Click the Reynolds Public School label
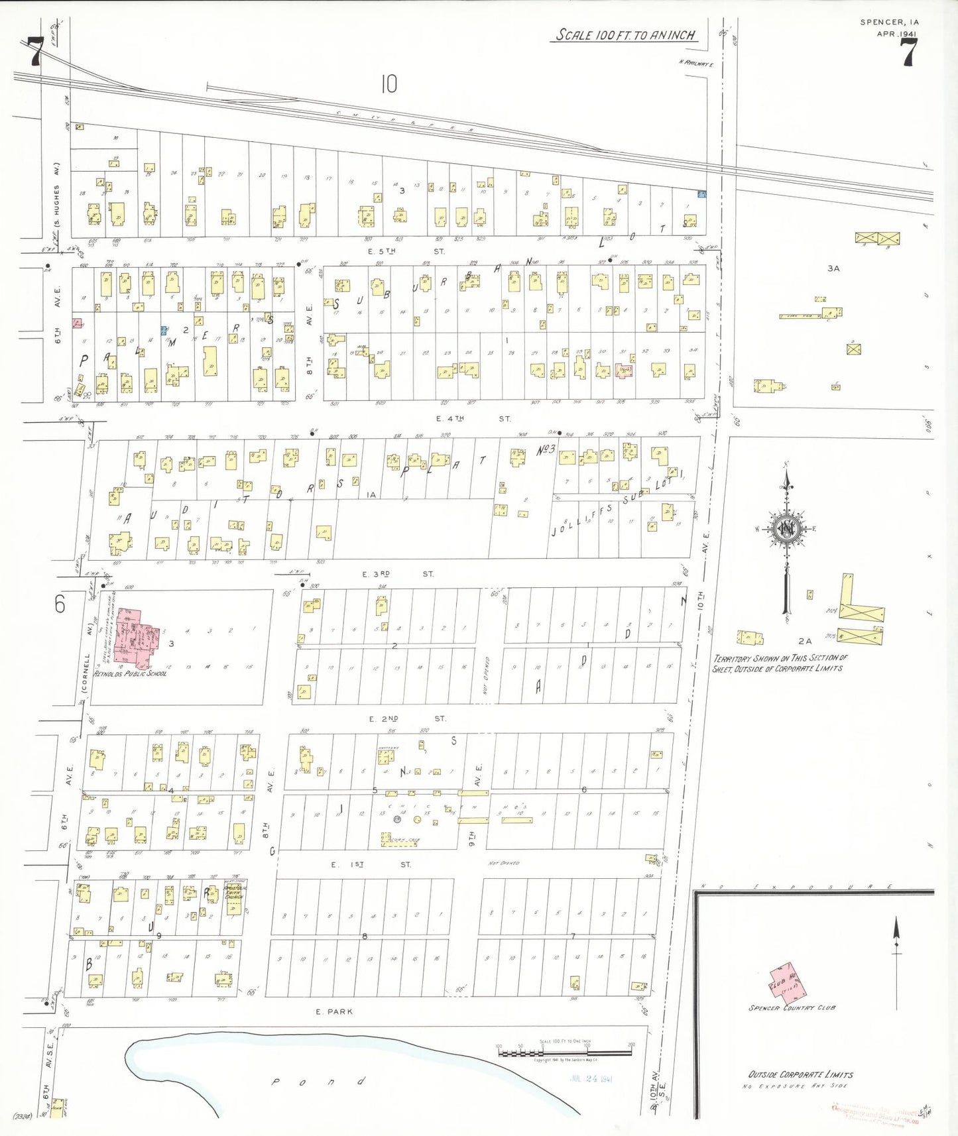click(x=130, y=673)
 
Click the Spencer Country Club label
click(x=792, y=1008)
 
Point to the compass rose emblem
click(x=786, y=529)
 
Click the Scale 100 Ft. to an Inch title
click(x=625, y=34)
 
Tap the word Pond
click(x=318, y=1082)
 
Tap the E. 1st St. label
click(x=371, y=864)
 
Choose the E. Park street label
click(x=334, y=1011)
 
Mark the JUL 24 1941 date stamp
click(x=591, y=1078)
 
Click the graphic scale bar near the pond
click(x=564, y=1051)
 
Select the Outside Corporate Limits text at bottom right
click(x=800, y=1074)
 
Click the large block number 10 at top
click(x=389, y=84)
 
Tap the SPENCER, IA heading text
click(x=889, y=22)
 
